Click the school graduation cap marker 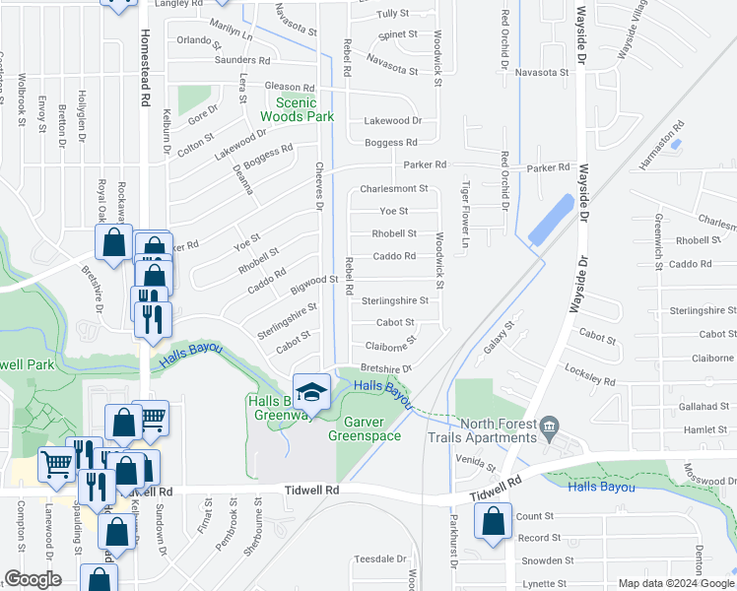pyautogui.click(x=311, y=391)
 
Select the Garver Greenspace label pyautogui.click(x=364, y=428)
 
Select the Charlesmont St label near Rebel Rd pyautogui.click(x=394, y=188)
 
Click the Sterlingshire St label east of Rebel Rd pyautogui.click(x=395, y=300)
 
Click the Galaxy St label pyautogui.click(x=499, y=338)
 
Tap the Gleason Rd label pyautogui.click(x=289, y=87)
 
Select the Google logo pyautogui.click(x=33, y=579)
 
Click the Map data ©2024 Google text pyautogui.click(x=676, y=583)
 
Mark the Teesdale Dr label pyautogui.click(x=380, y=558)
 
